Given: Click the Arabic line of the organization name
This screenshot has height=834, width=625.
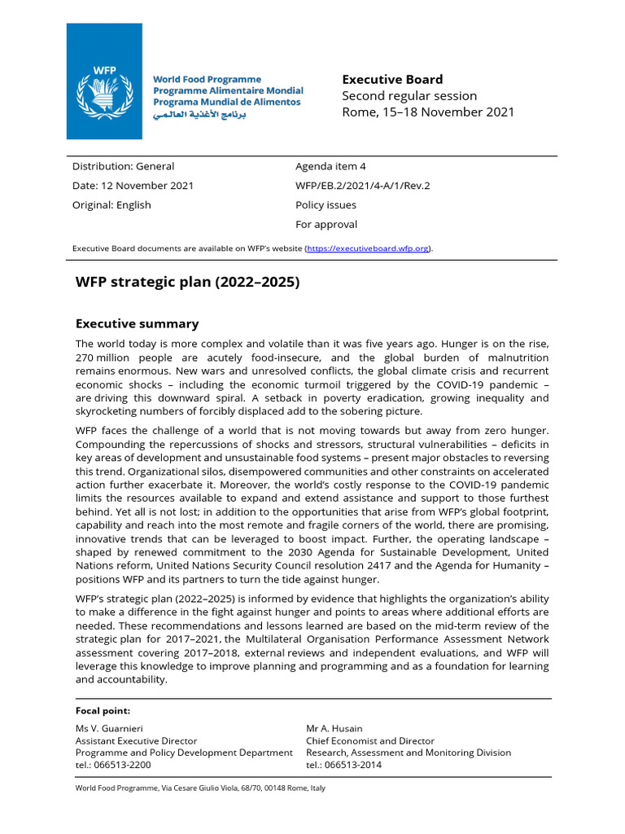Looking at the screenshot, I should [x=199, y=115].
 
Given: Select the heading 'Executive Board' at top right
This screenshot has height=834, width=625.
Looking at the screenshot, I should [x=392, y=79].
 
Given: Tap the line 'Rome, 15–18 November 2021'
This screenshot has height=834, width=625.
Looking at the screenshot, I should [x=427, y=112].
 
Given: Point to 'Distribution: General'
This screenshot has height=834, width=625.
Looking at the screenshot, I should [x=123, y=166].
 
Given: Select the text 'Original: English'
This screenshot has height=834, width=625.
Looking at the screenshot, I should [x=111, y=205].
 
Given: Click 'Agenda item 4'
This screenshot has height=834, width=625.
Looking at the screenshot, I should [x=330, y=166].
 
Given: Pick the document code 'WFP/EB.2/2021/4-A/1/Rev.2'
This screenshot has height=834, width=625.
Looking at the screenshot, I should [x=362, y=186].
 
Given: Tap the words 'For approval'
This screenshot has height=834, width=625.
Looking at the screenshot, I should [x=326, y=225].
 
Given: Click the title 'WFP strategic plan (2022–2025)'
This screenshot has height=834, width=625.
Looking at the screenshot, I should [x=187, y=283].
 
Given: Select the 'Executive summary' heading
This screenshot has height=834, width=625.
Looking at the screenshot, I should [x=137, y=323].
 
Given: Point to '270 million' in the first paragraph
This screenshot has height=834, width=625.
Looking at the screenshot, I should [x=102, y=358].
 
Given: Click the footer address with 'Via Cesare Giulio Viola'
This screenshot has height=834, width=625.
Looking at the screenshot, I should [x=199, y=788].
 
